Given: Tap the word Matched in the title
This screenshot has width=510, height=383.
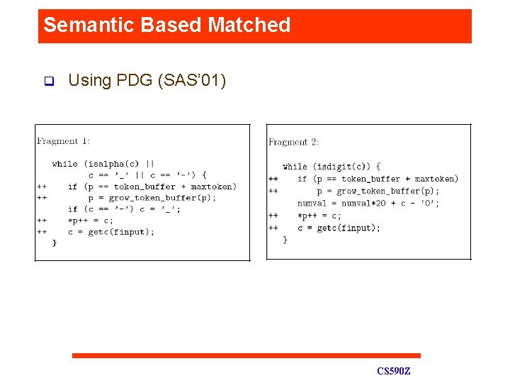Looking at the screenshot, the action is click(x=249, y=26).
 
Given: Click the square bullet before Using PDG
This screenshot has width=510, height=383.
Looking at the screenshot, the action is click(x=48, y=81).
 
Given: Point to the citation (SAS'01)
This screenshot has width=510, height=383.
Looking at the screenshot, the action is click(x=193, y=81).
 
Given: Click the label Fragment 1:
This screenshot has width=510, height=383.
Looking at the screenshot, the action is click(x=64, y=141).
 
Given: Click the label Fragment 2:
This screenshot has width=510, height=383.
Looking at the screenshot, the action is click(x=293, y=142).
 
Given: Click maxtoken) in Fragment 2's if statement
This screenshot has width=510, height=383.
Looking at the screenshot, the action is click(x=436, y=179).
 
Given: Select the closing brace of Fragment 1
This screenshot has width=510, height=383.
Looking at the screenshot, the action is click(x=54, y=243).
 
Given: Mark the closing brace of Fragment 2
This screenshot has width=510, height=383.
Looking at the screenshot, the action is click(x=285, y=240).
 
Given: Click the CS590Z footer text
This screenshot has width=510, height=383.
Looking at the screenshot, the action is click(x=394, y=372).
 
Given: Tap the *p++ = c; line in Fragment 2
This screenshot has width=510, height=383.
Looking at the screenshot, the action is click(x=319, y=216).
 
